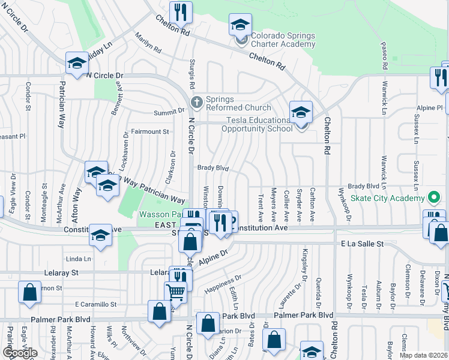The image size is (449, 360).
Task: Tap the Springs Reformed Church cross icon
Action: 196,100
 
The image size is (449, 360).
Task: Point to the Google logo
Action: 20,352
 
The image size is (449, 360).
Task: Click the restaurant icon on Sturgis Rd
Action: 180,11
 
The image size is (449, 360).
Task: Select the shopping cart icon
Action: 175,292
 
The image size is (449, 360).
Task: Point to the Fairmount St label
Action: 149,131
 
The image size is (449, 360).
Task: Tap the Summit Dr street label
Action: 171,111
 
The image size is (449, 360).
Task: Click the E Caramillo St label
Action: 95,304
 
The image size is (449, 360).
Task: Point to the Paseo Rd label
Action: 383,55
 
